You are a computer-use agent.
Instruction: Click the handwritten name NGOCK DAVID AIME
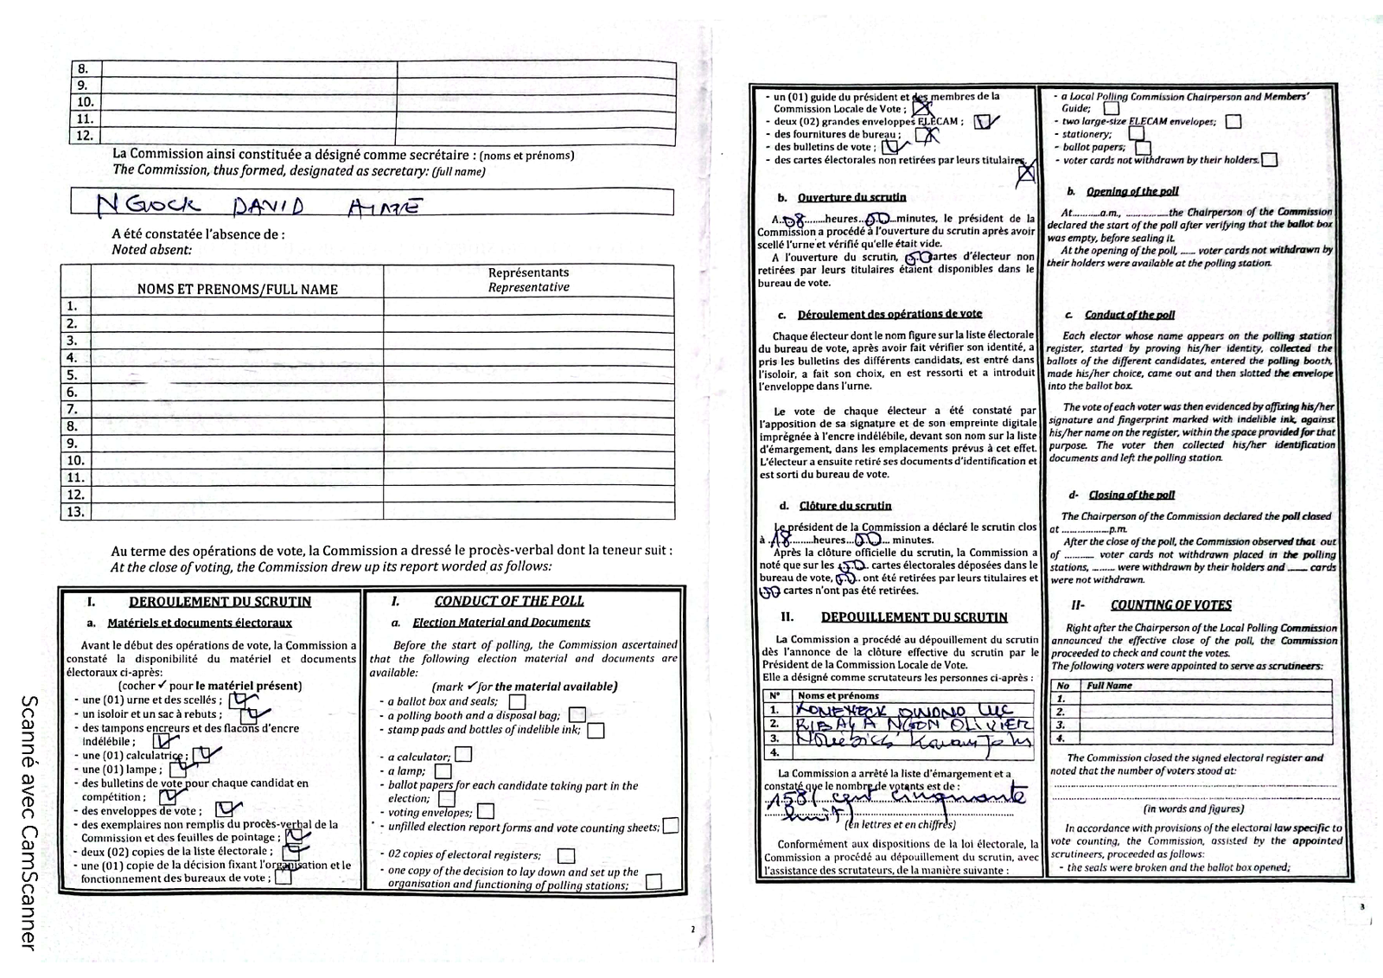(x=259, y=205)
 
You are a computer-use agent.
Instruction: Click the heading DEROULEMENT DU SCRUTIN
(x=220, y=602)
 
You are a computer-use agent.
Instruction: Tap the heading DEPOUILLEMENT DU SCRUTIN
(x=914, y=617)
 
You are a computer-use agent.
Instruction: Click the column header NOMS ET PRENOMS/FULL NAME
(x=237, y=289)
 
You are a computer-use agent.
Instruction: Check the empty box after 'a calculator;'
(x=463, y=754)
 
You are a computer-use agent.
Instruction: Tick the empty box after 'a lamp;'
(x=443, y=770)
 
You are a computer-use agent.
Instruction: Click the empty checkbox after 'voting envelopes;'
(x=486, y=811)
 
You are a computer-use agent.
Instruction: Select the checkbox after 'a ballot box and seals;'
(x=517, y=701)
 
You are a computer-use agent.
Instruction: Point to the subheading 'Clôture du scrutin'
(x=845, y=506)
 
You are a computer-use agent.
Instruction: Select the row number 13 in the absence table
(x=74, y=512)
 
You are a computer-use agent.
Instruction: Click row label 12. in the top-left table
(x=85, y=136)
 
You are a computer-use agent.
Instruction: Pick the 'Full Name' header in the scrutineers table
(x=1109, y=686)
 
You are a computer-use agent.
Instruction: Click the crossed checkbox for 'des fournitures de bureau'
(x=925, y=135)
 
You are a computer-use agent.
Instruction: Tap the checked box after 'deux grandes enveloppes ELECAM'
(x=984, y=122)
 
